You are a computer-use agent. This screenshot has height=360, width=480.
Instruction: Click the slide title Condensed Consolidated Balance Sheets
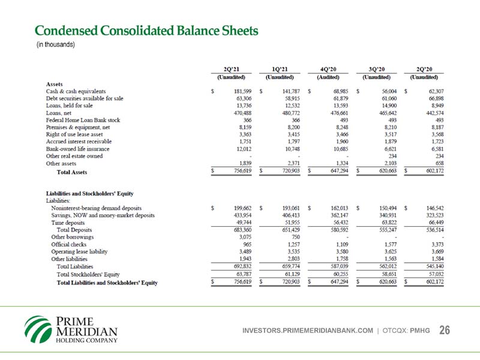coord(146,31)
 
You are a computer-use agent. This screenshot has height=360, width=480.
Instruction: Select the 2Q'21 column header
coord(231,68)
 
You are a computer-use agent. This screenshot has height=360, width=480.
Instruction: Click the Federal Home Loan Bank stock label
coord(83,119)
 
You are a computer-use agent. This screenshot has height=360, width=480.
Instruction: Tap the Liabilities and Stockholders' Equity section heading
coord(89,193)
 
